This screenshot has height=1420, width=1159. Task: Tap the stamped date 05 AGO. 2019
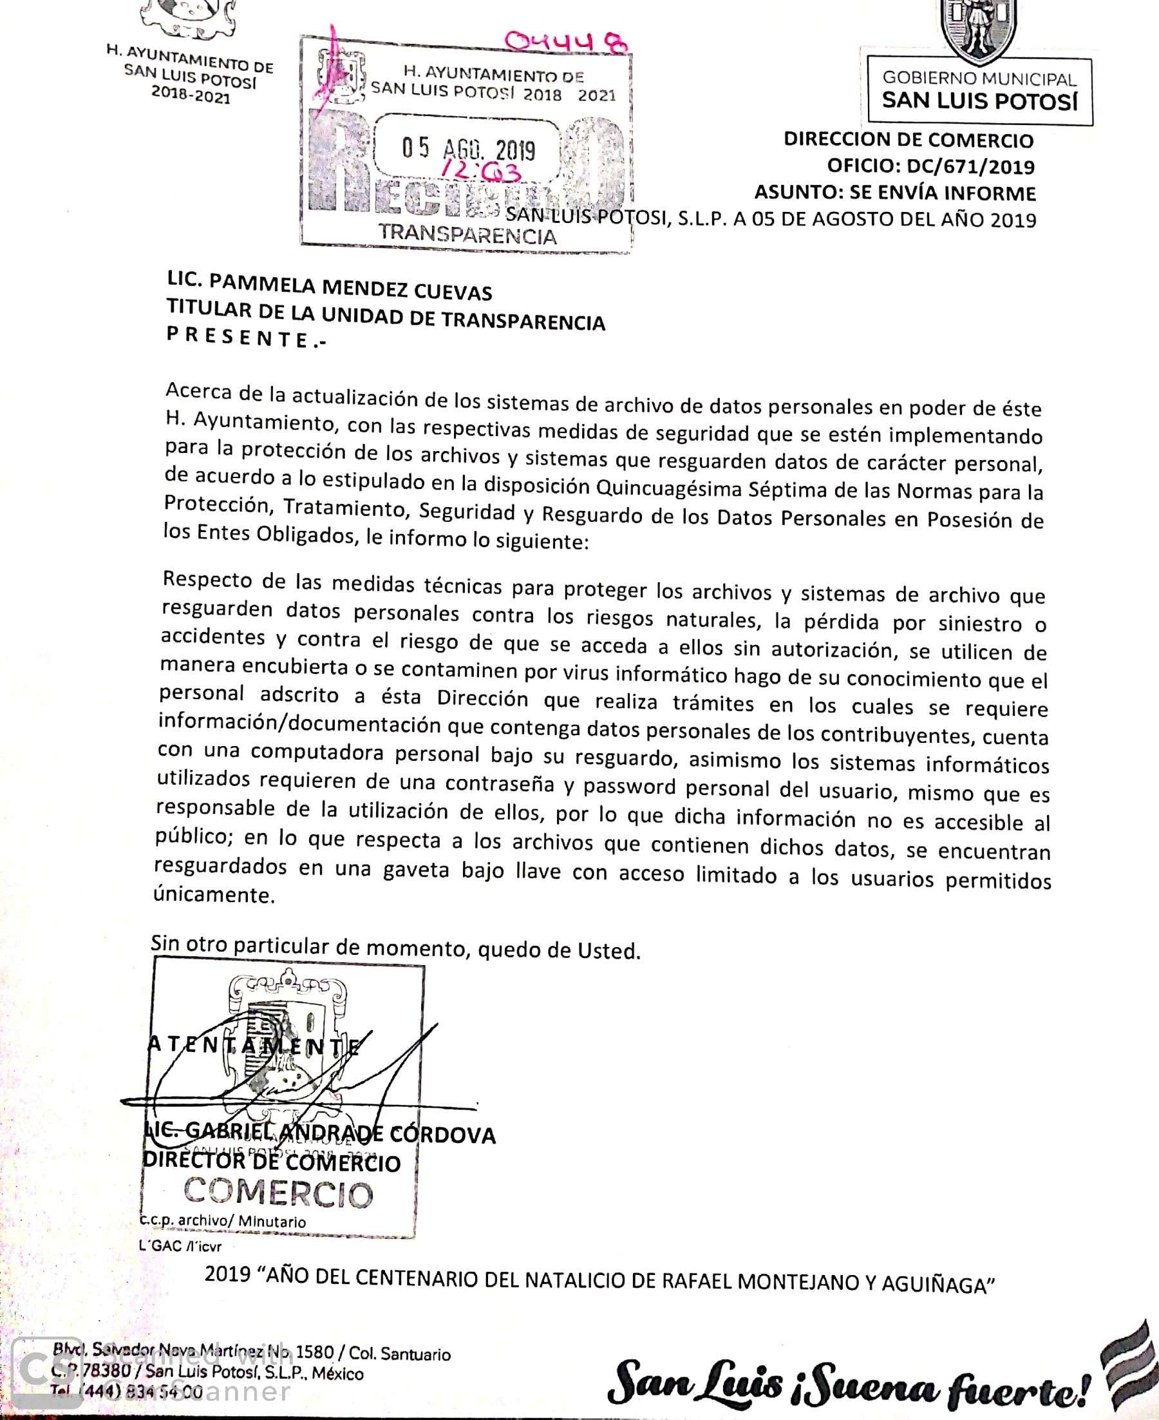tap(468, 149)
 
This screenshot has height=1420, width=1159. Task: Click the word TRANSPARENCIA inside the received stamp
tap(467, 235)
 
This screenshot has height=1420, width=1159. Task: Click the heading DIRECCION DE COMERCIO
tap(909, 140)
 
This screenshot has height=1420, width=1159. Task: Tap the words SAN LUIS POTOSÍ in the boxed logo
tap(979, 102)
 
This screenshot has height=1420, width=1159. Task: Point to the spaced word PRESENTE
tap(247, 338)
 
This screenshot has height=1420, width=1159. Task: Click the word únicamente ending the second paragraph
tap(214, 894)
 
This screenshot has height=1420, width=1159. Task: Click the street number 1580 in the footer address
tap(314, 1352)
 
